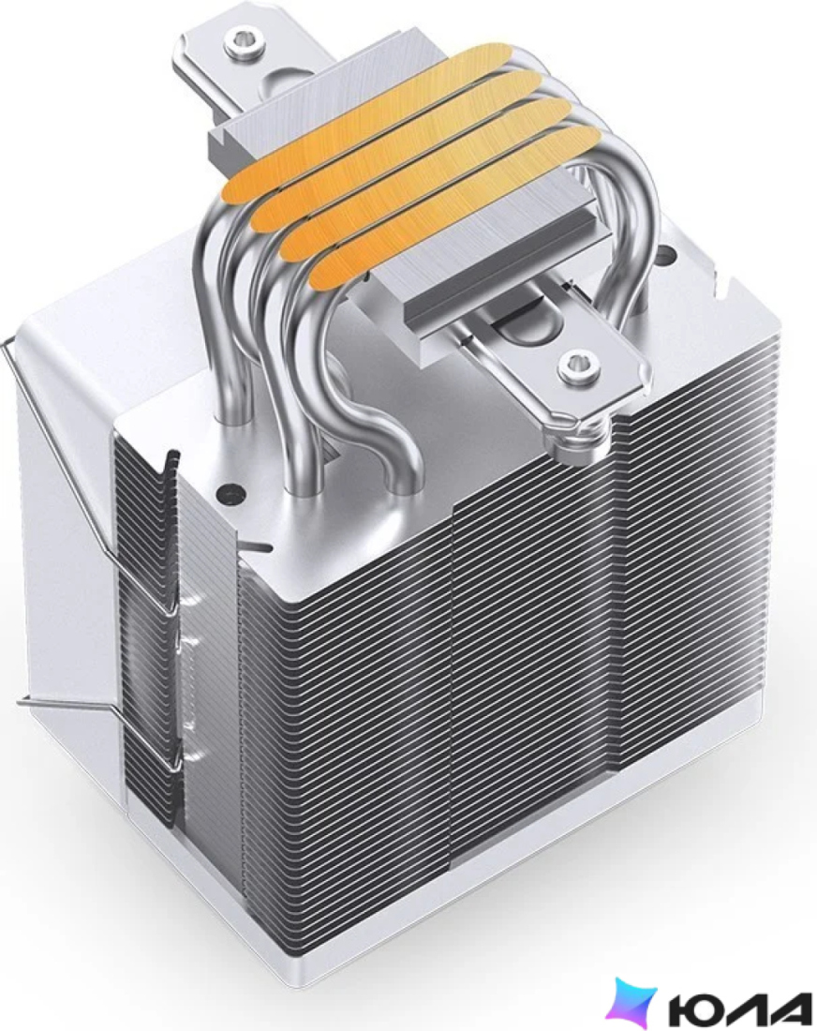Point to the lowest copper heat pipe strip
pyautogui.click(x=454, y=207)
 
